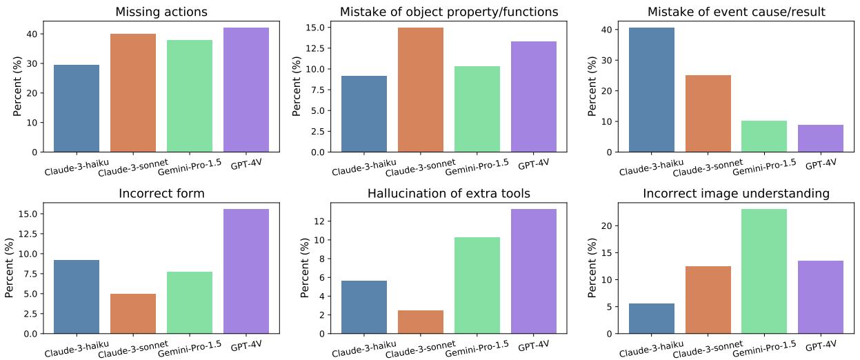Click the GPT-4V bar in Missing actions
tap(246, 90)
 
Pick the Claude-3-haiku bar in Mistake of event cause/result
tap(652, 90)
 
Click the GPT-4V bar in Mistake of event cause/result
tap(821, 138)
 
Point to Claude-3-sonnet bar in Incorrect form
tap(132, 314)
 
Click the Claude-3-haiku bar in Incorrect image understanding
tap(652, 319)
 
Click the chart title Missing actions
tap(161, 12)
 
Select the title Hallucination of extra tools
tap(448, 194)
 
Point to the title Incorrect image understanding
tap(737, 194)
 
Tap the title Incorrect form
tap(161, 194)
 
